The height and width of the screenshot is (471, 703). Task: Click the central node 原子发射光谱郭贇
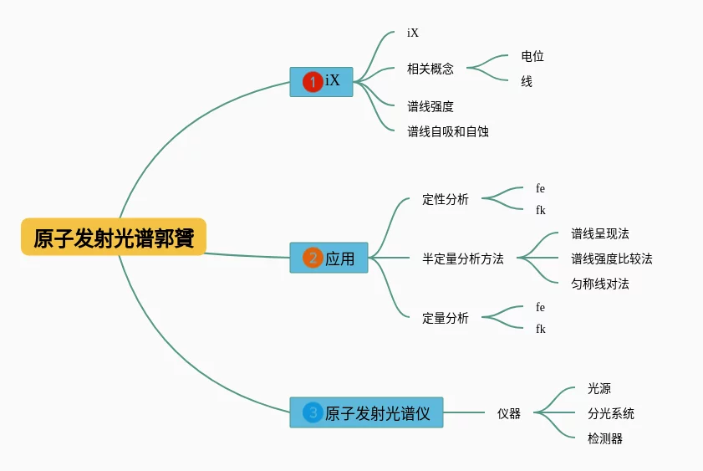(114, 238)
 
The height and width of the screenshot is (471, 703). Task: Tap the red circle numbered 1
(313, 81)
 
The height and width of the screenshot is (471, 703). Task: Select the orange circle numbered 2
(313, 259)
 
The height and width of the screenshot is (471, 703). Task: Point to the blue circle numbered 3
(313, 412)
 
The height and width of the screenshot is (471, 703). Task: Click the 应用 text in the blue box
(340, 259)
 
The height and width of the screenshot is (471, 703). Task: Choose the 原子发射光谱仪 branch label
(377, 412)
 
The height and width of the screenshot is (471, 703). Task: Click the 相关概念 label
(430, 69)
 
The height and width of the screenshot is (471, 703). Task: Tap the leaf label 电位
(532, 56)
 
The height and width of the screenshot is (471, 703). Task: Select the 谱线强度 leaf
(430, 106)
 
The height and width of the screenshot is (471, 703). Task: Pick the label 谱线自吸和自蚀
(448, 131)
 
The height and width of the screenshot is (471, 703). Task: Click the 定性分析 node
(446, 199)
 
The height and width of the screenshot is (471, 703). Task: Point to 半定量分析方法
(463, 259)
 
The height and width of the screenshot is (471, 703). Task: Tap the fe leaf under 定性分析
(540, 188)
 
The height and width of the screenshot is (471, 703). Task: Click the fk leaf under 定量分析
(540, 329)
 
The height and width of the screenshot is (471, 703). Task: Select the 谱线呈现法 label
(600, 233)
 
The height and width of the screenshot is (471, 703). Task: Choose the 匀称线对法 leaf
(600, 284)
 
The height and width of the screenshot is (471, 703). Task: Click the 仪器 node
(509, 413)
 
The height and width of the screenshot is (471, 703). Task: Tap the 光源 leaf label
(599, 388)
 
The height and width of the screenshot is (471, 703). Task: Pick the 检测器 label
(605, 438)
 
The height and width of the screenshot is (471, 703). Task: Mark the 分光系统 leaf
(611, 413)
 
